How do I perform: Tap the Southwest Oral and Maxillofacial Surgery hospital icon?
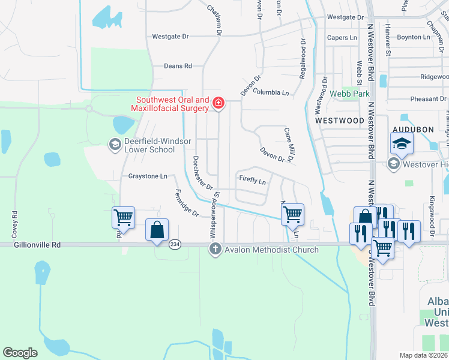pyautogui.click(x=218, y=104)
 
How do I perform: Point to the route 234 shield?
pyautogui.click(x=175, y=244)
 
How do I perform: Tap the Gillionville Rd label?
pyautogui.click(x=31, y=245)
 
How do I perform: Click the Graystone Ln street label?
pyautogui.click(x=148, y=176)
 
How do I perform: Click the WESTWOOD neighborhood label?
pyautogui.click(x=340, y=121)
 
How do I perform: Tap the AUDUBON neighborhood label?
pyautogui.click(x=412, y=130)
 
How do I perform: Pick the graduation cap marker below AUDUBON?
pyautogui.click(x=401, y=144)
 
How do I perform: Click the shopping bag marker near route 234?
pyautogui.click(x=157, y=230)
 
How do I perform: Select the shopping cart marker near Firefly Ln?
pyautogui.click(x=292, y=214)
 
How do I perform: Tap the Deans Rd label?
pyautogui.click(x=178, y=66)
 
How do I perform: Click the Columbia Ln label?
pyautogui.click(x=271, y=93)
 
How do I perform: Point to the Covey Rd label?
pyautogui.click(x=14, y=221)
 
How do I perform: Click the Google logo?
pyautogui.click(x=20, y=352)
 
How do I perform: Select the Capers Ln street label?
pyautogui.click(x=342, y=37)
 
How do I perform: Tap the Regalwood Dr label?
pyautogui.click(x=303, y=59)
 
